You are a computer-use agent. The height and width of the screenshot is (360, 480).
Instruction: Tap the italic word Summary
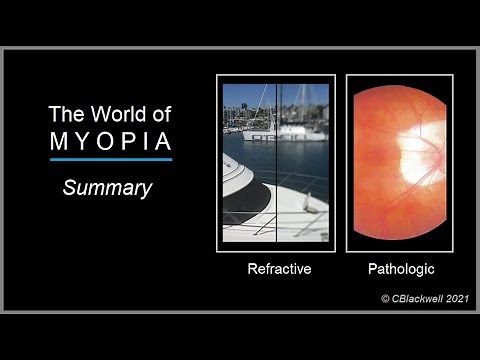(107, 187)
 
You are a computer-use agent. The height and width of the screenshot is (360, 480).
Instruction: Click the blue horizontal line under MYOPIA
(110, 159)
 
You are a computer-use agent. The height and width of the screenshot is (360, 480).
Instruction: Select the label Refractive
(279, 269)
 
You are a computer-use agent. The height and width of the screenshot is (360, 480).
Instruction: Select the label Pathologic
(400, 269)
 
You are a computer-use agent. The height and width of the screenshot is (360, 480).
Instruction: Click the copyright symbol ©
(386, 298)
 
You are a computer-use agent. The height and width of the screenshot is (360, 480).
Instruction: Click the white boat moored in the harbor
(300, 130)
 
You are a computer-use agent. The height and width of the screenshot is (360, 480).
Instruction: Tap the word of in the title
(160, 113)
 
